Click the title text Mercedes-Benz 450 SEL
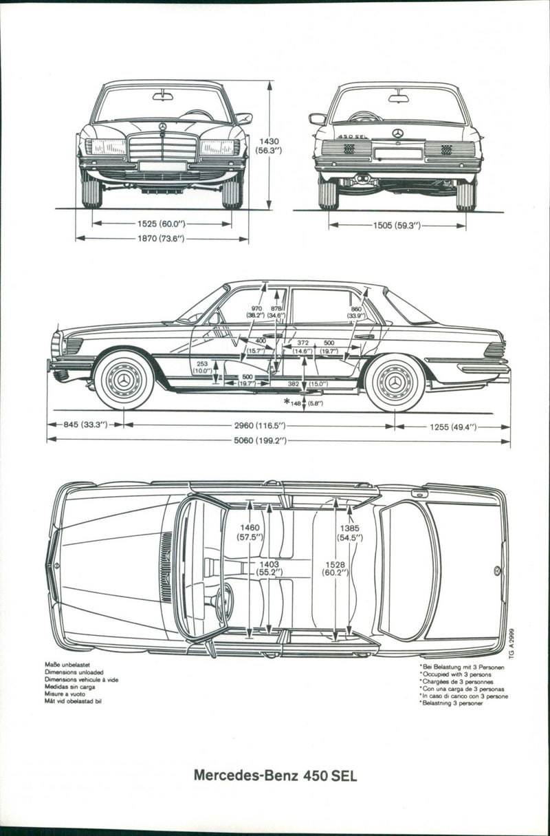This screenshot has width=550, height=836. tap(275, 775)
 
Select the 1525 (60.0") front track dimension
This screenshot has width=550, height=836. tap(162, 224)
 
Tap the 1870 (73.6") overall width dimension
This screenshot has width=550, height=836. tap(162, 239)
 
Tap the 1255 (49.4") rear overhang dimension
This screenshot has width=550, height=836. tap(453, 427)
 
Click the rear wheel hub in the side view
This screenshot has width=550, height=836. tap(395, 381)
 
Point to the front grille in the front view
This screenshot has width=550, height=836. tap(163, 147)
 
